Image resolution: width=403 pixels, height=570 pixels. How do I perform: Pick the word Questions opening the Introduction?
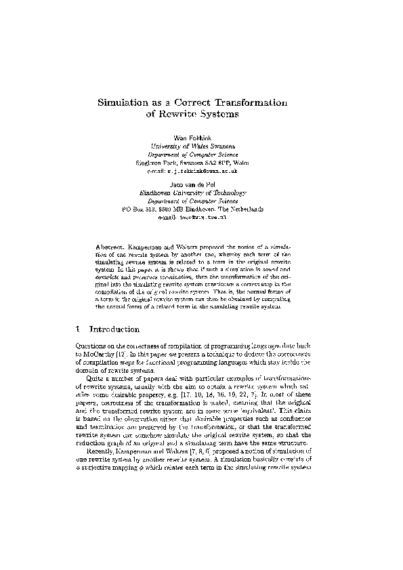[89, 347]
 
